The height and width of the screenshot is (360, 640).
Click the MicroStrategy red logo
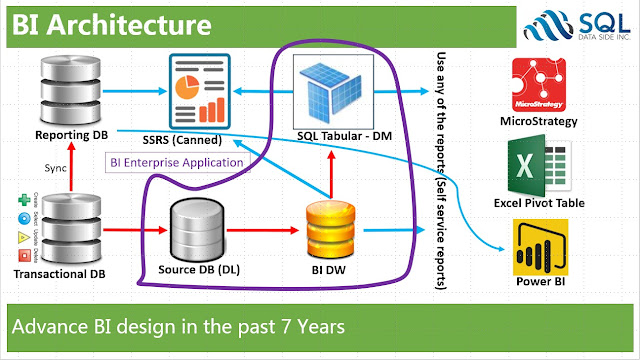[540, 84]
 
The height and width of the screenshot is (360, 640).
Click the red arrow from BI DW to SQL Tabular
[329, 170]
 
